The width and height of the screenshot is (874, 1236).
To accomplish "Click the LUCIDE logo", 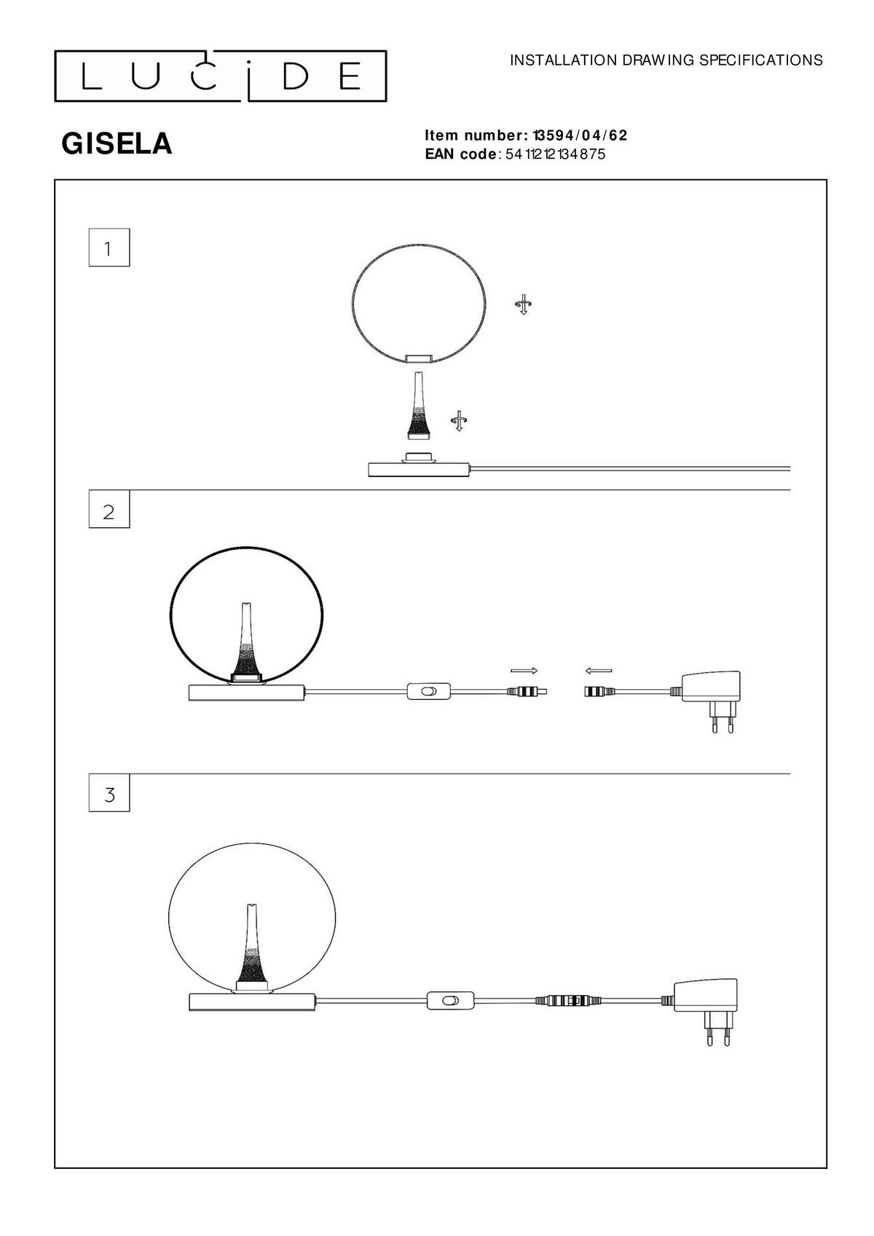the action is click(220, 76).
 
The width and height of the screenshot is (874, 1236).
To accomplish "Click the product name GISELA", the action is click(117, 143).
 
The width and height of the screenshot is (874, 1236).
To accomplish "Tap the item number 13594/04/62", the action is click(580, 135).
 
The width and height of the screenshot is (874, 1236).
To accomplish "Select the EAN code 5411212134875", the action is click(556, 154).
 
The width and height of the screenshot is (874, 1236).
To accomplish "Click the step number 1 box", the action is click(109, 248).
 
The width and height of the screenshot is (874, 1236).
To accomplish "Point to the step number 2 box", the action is click(109, 509).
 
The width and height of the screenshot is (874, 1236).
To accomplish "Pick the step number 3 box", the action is click(109, 793).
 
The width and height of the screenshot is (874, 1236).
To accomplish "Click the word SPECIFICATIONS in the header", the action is click(761, 60).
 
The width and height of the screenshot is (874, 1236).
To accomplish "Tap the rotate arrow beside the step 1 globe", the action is click(523, 304).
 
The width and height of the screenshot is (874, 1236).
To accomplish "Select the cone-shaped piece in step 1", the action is click(419, 406).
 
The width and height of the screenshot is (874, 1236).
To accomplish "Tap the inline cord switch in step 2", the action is click(429, 691).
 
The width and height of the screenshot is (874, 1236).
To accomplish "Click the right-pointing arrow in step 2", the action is click(524, 671).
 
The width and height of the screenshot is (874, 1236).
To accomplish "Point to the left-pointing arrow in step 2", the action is click(599, 671).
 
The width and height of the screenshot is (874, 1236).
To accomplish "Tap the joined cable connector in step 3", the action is click(568, 1000).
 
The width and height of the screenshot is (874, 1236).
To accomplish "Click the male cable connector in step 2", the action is click(527, 691).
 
